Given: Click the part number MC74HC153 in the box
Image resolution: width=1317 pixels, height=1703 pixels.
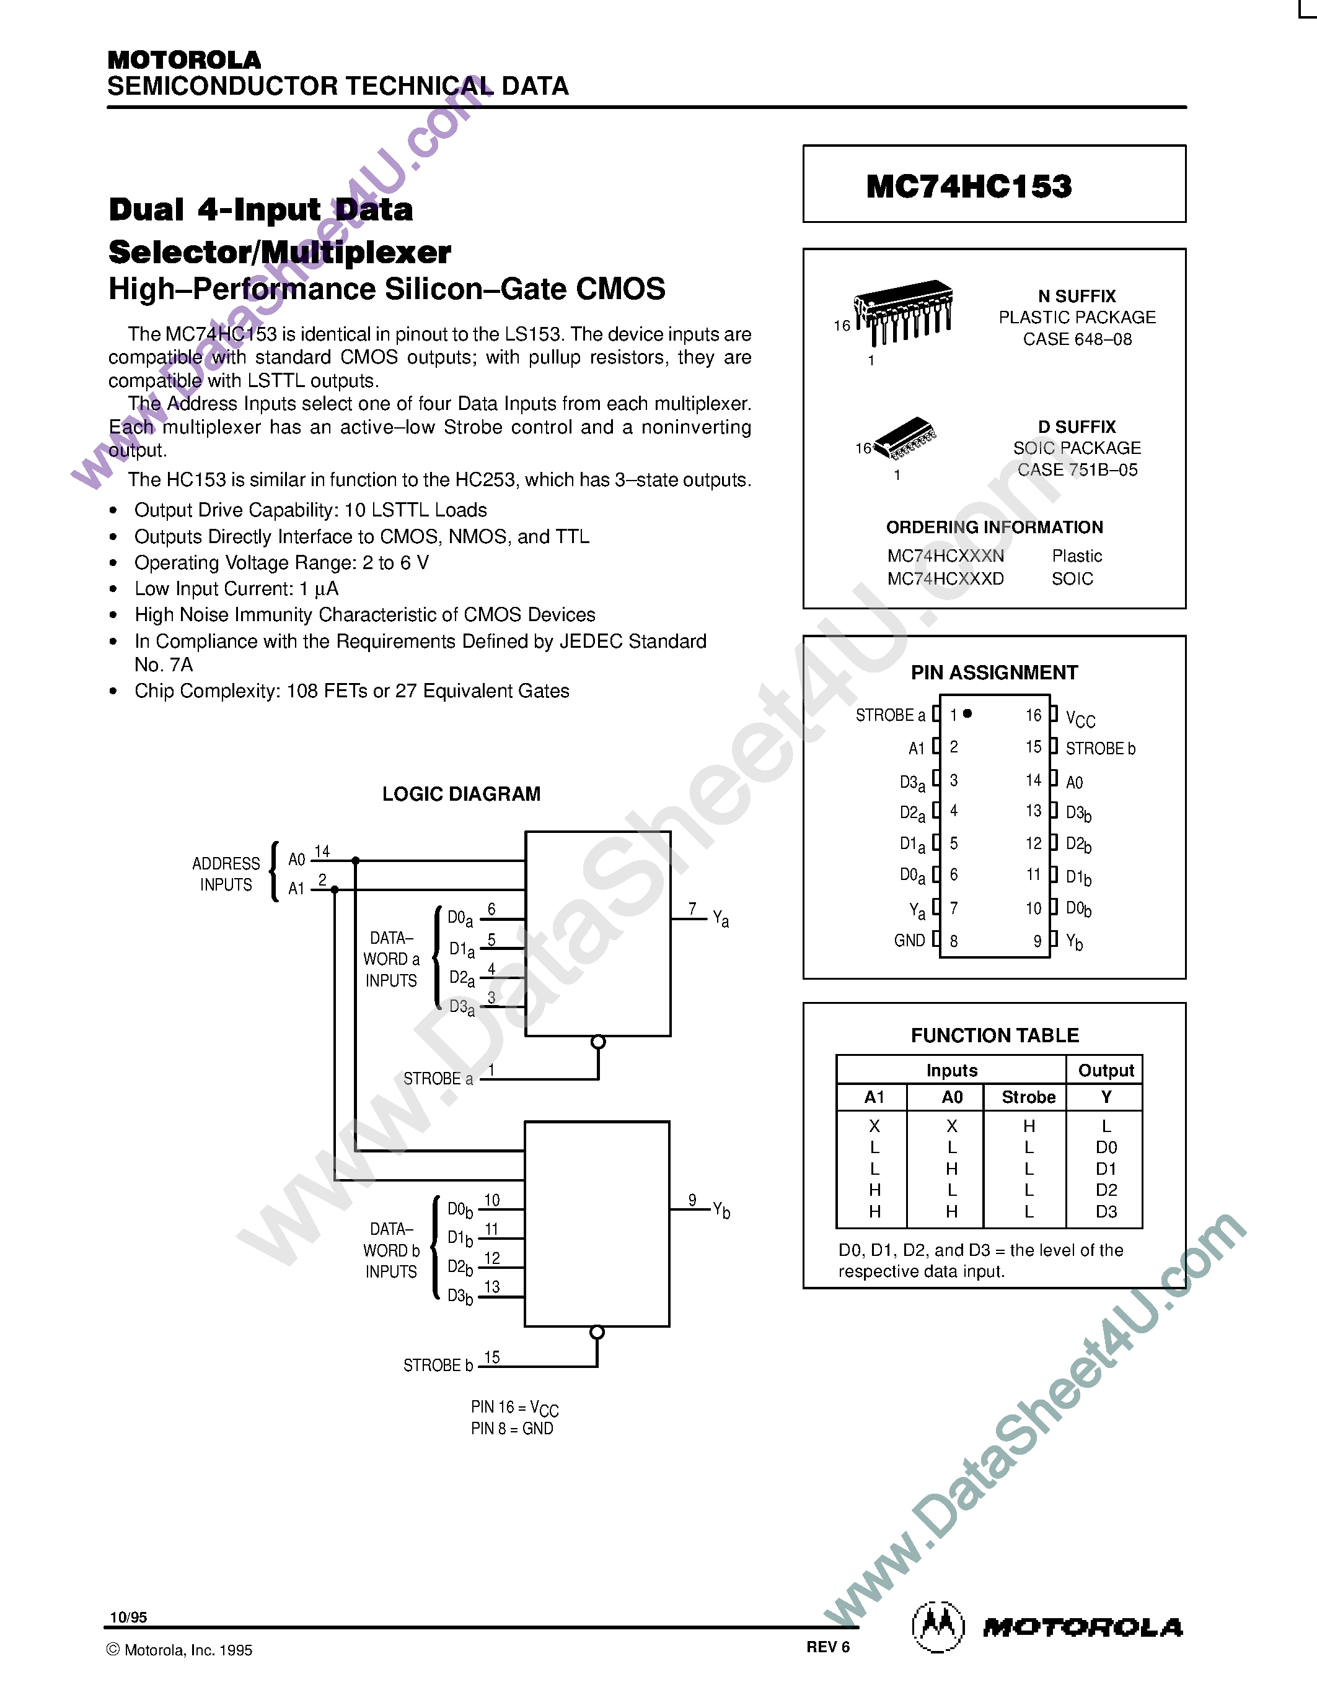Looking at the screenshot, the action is tap(969, 186).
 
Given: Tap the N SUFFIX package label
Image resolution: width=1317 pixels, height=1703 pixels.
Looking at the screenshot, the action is tap(1077, 296).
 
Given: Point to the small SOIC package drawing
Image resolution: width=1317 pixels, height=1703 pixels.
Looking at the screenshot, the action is tap(905, 438).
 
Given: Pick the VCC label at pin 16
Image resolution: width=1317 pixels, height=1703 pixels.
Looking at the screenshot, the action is tap(1081, 718).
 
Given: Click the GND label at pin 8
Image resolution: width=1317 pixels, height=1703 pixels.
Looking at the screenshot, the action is tap(909, 941).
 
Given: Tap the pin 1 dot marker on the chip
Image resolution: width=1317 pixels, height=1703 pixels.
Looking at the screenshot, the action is tap(967, 713).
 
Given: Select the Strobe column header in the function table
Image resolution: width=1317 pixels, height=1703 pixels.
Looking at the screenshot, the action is tap(1028, 1097).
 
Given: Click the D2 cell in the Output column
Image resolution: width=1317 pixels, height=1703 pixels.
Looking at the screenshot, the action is tap(1106, 1190).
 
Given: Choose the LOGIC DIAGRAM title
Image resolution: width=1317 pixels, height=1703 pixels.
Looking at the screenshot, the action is tap(461, 794).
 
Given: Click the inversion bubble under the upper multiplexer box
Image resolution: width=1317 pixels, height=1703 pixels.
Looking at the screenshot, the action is tap(599, 1042).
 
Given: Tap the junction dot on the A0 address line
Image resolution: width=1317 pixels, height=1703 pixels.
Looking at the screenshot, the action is tap(356, 861).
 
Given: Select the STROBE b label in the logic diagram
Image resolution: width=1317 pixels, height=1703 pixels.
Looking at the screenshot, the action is tap(438, 1365).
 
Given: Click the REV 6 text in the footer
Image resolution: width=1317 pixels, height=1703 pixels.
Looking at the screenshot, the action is tap(828, 1647).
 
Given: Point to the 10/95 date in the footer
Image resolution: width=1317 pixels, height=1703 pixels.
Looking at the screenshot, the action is tap(129, 1617).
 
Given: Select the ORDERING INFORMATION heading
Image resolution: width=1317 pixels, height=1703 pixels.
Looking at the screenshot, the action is tap(994, 527).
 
